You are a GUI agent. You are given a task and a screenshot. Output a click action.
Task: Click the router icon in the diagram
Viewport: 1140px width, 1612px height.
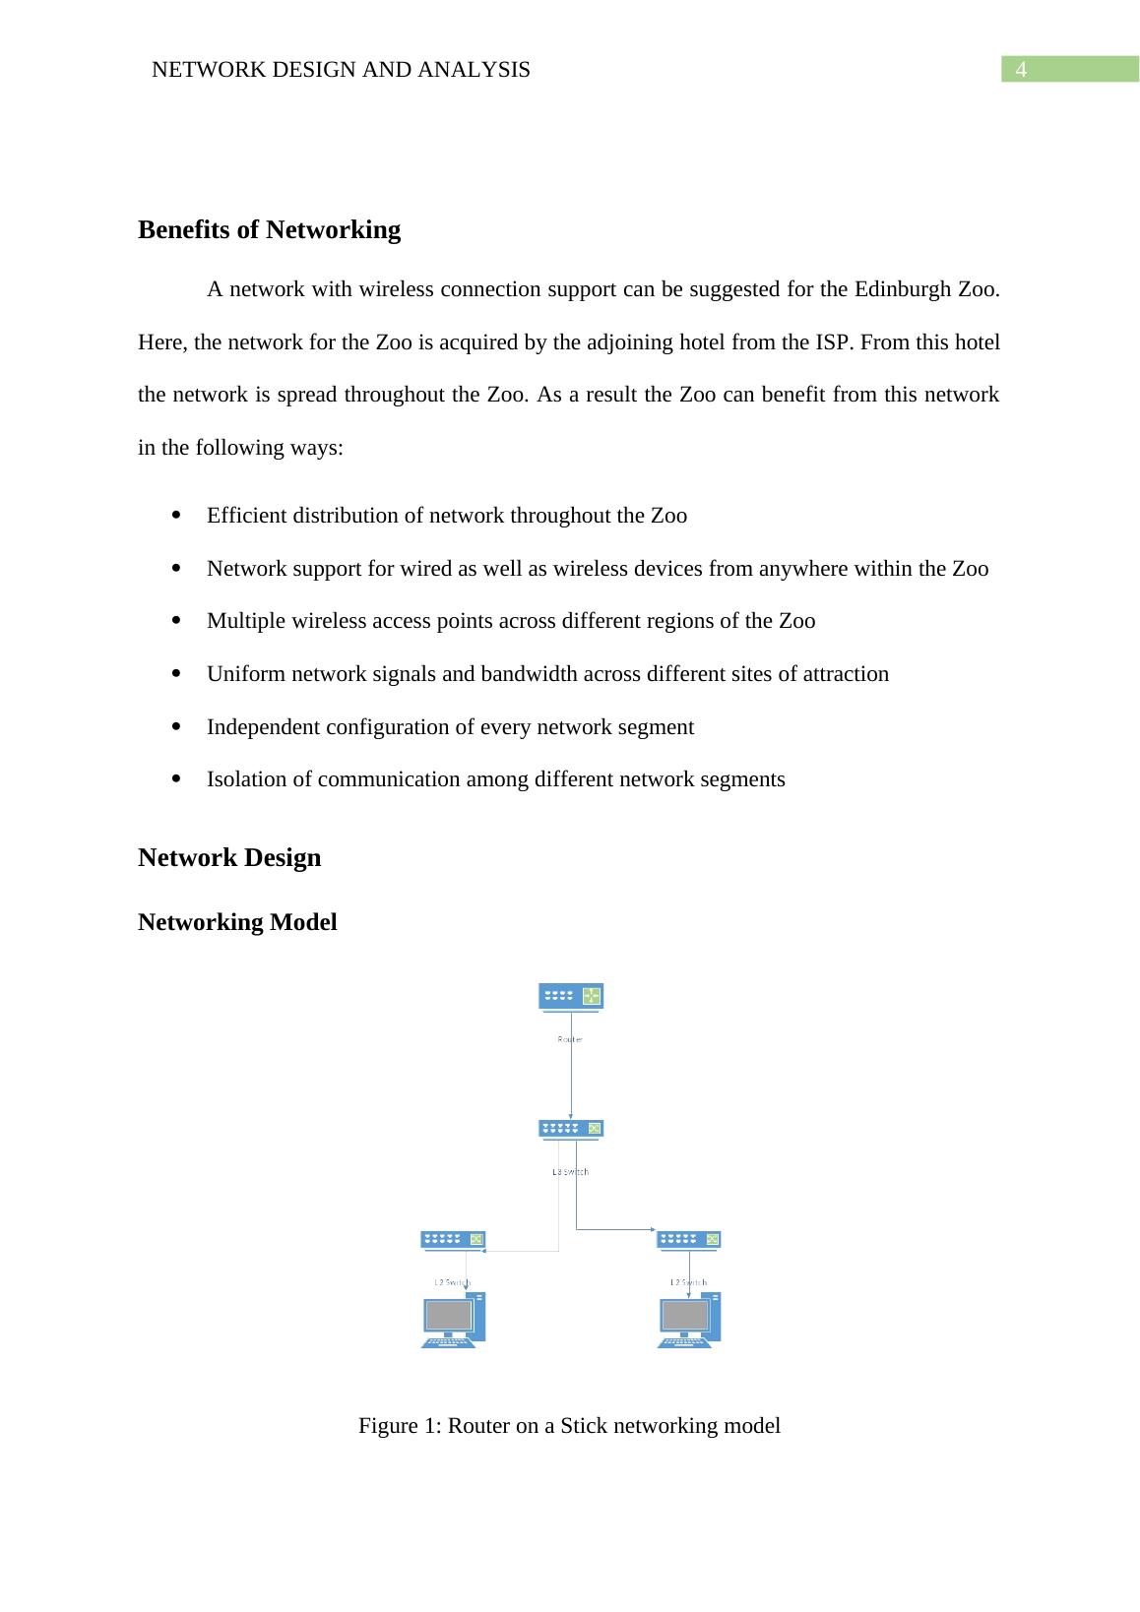[x=571, y=996]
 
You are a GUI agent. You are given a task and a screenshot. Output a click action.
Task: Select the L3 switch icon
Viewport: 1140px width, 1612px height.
[x=571, y=1129]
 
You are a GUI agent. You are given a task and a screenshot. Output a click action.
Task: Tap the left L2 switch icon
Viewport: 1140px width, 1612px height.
[x=453, y=1240]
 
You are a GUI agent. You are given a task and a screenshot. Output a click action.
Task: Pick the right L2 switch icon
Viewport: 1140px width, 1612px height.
[x=689, y=1240]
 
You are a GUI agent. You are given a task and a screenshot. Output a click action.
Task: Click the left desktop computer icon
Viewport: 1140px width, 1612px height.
[x=453, y=1320]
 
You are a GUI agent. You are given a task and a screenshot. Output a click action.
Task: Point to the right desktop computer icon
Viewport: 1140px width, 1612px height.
[x=689, y=1320]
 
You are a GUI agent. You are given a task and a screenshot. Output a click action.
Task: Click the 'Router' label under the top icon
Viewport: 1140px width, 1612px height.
[x=570, y=1039]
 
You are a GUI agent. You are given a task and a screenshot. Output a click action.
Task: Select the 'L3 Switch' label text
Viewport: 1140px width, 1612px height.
[x=570, y=1171]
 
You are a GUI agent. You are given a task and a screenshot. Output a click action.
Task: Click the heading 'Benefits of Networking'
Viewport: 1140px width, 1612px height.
[x=269, y=230]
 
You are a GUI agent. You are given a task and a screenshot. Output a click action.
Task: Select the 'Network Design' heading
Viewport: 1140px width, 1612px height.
[x=229, y=857]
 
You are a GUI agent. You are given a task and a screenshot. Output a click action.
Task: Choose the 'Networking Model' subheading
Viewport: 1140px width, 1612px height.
[x=237, y=922]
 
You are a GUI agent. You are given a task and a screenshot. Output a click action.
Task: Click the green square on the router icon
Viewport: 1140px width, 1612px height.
[x=591, y=996]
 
